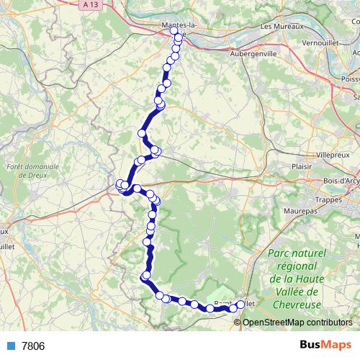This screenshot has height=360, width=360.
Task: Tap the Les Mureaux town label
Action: click(x=279, y=27)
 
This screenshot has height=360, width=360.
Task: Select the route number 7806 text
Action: click(x=33, y=346)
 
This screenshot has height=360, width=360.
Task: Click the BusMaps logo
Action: click(x=325, y=345)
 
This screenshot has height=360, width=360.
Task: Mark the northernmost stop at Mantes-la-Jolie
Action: click(x=173, y=31)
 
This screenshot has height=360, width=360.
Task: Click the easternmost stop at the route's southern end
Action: click(x=240, y=305)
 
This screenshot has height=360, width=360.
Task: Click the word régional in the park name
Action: click(x=297, y=266)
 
